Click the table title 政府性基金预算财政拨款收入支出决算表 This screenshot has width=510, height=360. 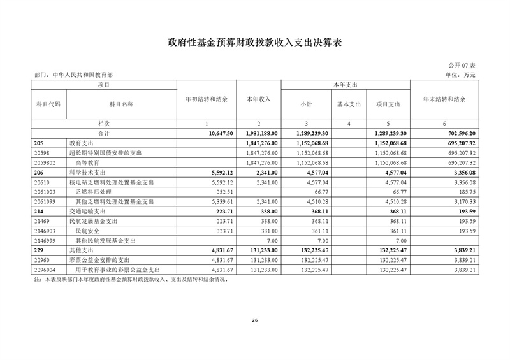pyautogui.click(x=254, y=43)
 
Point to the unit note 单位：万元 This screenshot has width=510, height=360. pyautogui.click(x=461, y=75)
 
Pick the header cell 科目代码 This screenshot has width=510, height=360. pyautogui.click(x=49, y=104)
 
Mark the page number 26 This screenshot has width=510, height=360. pyautogui.click(x=254, y=319)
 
